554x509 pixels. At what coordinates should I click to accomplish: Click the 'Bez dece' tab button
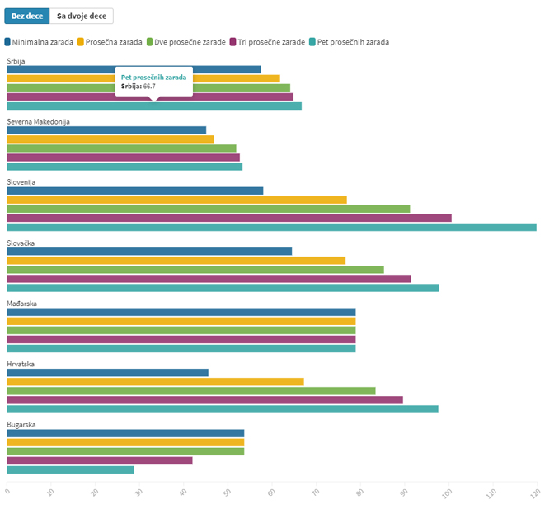point(26,16)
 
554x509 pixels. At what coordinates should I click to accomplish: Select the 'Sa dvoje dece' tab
point(82,16)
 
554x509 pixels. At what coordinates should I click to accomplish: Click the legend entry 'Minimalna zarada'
point(39,41)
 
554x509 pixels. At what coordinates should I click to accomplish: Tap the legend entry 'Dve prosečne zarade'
point(185,41)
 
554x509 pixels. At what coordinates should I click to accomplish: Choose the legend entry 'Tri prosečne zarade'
point(267,41)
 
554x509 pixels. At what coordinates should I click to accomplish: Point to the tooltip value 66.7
point(149,86)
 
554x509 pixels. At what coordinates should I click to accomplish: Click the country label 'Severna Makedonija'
point(38,121)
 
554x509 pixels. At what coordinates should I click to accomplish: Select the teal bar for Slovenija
point(271,227)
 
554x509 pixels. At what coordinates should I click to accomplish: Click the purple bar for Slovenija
point(229,218)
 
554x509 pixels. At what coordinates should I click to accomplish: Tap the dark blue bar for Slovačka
point(149,251)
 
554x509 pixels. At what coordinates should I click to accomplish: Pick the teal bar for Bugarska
point(70,469)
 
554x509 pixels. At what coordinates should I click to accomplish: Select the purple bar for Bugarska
point(100,460)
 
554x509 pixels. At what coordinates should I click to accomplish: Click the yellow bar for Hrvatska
point(155,381)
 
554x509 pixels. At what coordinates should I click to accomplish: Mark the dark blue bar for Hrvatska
point(107,372)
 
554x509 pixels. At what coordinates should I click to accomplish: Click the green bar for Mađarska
point(181,330)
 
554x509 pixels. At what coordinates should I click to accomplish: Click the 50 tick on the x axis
point(226,493)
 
